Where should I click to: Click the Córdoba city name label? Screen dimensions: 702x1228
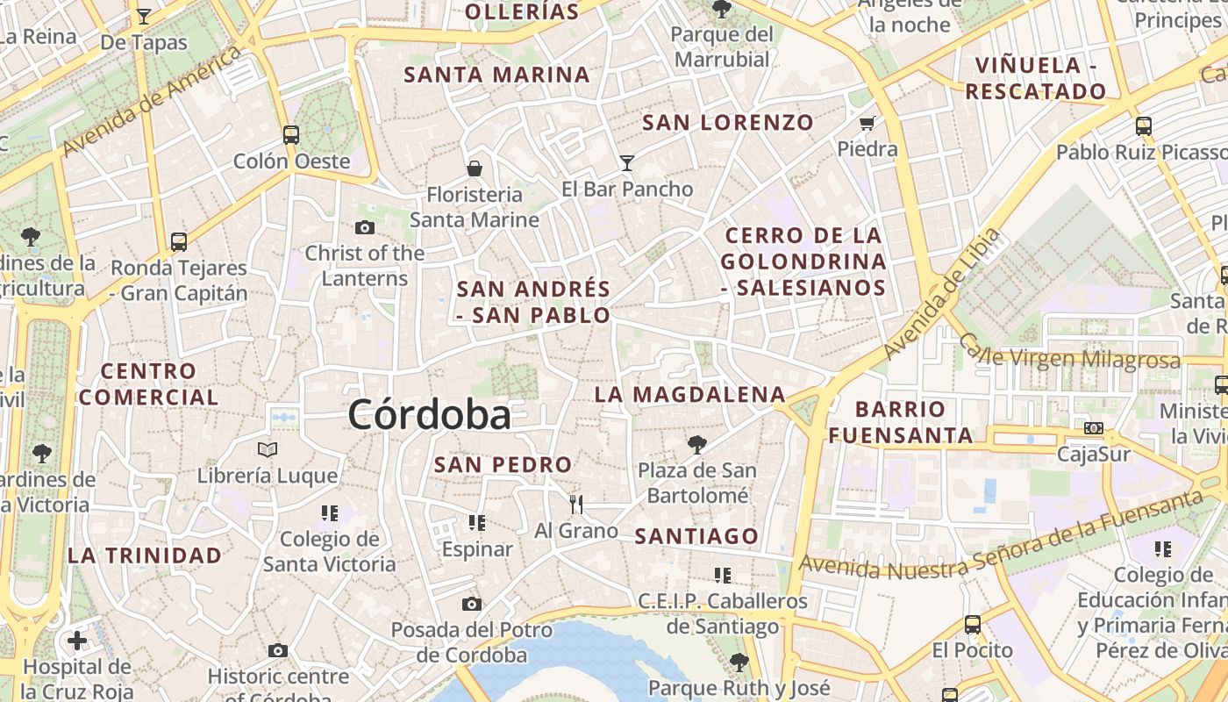click(429, 414)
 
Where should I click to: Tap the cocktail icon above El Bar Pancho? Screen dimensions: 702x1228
click(626, 162)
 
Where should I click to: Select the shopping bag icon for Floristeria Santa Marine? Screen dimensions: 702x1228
click(474, 168)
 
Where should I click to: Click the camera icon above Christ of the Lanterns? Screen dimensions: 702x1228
click(365, 227)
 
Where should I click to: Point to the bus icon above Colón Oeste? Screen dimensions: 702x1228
click(291, 135)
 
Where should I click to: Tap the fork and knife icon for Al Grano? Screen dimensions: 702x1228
click(576, 504)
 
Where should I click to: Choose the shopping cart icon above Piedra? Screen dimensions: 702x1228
click(867, 123)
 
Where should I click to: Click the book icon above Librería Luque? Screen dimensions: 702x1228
click(268, 450)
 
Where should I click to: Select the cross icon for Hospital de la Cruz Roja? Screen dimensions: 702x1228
click(77, 641)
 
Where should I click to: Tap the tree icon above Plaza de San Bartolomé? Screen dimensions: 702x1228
click(697, 444)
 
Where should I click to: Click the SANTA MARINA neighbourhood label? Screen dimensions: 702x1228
click(496, 75)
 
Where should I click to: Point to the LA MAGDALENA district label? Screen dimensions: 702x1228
click(689, 395)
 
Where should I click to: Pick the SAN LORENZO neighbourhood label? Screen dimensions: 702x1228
click(728, 123)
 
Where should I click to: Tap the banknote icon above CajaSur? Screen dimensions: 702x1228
click(1093, 428)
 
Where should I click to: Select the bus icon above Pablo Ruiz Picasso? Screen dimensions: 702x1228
click(1143, 125)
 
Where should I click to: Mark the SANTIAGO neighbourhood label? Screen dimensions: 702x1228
click(696, 536)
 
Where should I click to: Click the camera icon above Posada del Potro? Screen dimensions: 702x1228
click(472, 604)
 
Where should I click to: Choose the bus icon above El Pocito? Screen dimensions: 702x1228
click(973, 625)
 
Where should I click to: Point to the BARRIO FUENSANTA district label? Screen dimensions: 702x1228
click(901, 422)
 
